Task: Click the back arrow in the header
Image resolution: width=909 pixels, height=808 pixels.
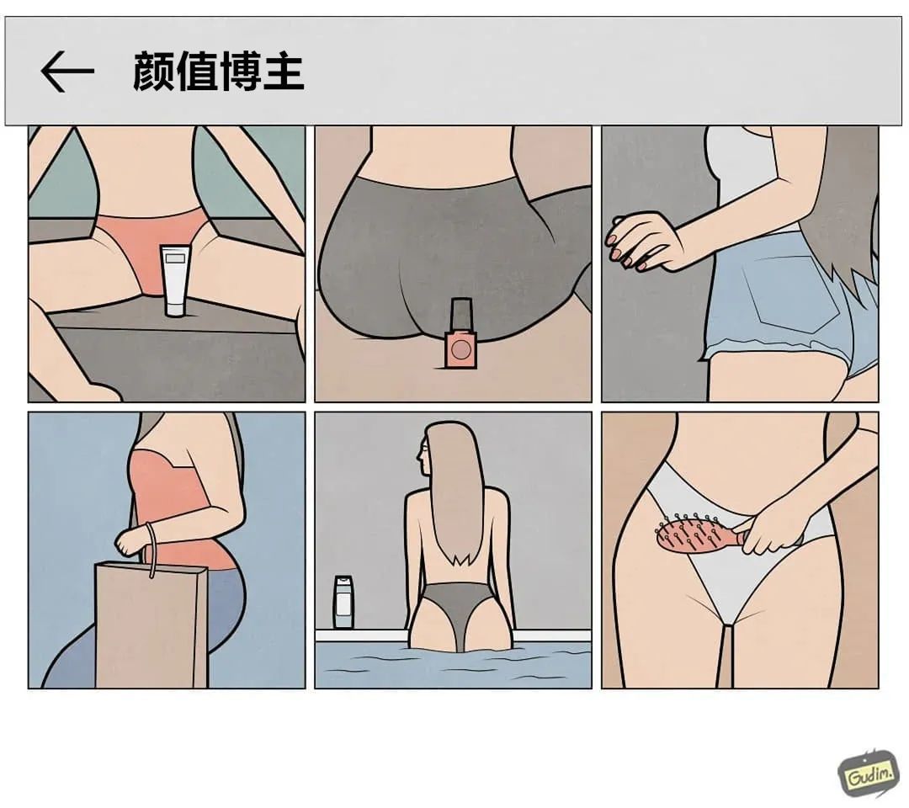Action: pyautogui.click(x=66, y=72)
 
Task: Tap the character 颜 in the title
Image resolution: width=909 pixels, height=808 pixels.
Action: pyautogui.click(x=154, y=72)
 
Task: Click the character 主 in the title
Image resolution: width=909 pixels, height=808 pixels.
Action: pyautogui.click(x=284, y=72)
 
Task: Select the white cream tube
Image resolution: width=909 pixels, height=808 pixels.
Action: pyautogui.click(x=175, y=280)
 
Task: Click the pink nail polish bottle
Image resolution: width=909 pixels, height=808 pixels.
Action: pyautogui.click(x=461, y=334)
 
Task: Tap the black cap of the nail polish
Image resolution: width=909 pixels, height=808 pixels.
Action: pyautogui.click(x=461, y=314)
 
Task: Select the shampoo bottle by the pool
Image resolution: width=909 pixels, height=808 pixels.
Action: pyautogui.click(x=343, y=603)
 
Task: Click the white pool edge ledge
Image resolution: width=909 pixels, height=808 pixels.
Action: pyautogui.click(x=453, y=635)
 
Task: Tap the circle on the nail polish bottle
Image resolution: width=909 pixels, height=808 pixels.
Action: pyautogui.click(x=461, y=349)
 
